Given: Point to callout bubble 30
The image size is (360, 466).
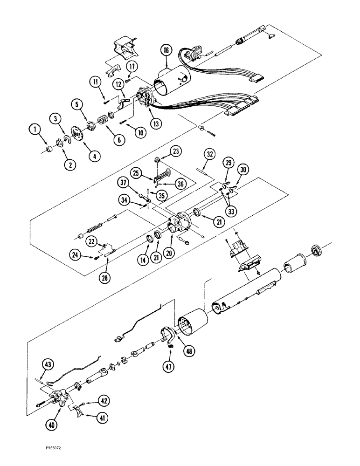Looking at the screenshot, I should point(242,169).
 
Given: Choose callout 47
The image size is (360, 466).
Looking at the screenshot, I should point(168,367).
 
